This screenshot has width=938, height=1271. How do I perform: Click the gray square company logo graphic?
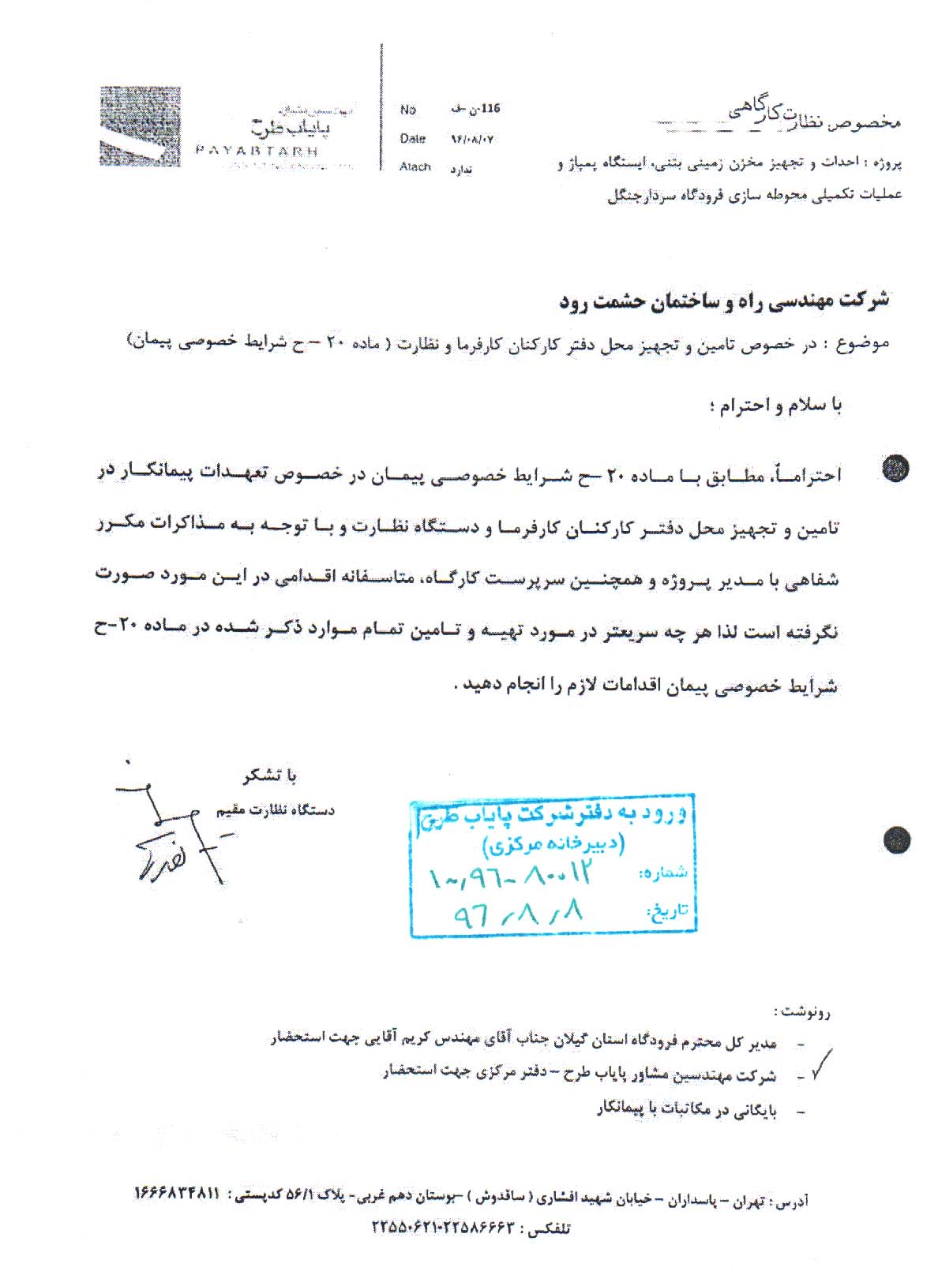point(140,126)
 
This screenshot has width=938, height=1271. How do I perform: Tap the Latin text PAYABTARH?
point(257,151)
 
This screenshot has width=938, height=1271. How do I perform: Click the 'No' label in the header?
point(407,110)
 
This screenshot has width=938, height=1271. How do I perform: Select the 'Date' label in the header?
point(412,139)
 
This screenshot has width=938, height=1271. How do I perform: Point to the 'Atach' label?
point(415,167)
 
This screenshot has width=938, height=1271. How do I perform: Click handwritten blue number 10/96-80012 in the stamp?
point(510,875)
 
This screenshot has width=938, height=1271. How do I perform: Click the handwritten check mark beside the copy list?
point(821,1064)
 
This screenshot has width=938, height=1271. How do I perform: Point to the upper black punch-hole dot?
point(895,469)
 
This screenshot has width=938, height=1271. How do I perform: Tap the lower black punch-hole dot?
point(896,840)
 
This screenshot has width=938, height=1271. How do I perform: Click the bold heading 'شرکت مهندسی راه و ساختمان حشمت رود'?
point(725,301)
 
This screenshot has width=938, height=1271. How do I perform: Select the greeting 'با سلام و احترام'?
point(775,406)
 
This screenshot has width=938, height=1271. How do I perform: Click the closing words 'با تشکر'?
point(269,776)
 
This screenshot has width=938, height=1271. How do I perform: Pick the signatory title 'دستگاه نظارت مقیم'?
point(275,810)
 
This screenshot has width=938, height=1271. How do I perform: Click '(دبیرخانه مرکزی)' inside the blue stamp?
point(553,845)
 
